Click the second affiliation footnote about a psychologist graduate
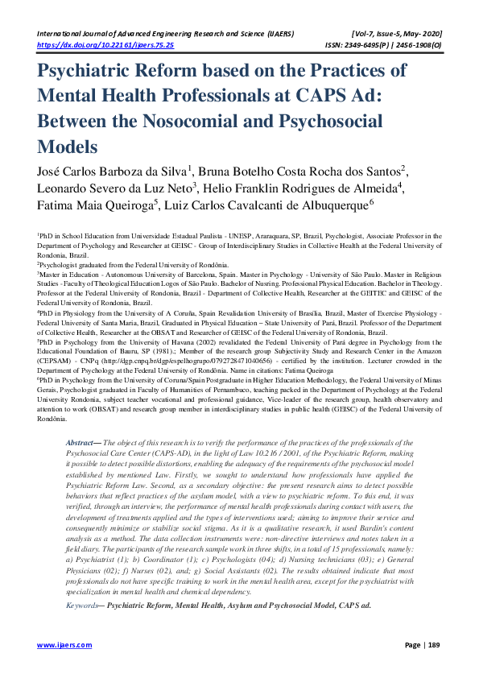(134, 264)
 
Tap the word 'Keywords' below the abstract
(83, 603)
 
